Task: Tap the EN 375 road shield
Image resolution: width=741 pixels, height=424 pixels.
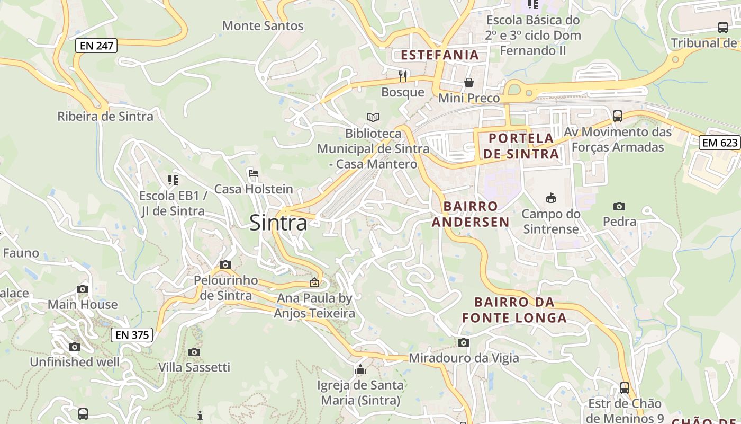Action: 132,335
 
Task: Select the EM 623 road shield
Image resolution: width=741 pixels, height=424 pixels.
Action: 719,142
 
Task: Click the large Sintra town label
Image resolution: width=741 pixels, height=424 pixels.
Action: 278,223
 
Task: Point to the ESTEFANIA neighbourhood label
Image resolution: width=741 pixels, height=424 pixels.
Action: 439,55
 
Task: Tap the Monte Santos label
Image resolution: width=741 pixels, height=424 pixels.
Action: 263,25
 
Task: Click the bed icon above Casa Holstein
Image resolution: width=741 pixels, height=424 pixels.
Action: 254,173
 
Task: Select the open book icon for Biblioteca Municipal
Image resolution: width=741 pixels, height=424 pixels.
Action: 373,117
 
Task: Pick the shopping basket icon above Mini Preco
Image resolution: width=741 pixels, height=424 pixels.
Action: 469,83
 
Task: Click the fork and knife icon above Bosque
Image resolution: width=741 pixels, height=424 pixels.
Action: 403,76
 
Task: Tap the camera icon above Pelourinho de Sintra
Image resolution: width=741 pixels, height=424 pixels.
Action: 225,264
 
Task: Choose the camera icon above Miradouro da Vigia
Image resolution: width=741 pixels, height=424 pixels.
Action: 464,342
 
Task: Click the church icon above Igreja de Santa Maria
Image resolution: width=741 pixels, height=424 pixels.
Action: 360,369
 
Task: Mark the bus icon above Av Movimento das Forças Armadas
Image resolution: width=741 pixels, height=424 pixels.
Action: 617,116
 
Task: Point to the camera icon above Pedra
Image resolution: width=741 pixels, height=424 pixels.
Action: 619,206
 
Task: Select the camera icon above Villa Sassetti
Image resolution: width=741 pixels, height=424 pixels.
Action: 194,352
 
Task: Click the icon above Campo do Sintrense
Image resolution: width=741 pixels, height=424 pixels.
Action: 551,198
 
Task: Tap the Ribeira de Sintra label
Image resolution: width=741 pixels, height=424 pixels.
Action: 105,116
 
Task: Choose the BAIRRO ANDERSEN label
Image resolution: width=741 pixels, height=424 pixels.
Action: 471,214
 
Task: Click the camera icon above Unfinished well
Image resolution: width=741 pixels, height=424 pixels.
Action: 75,347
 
